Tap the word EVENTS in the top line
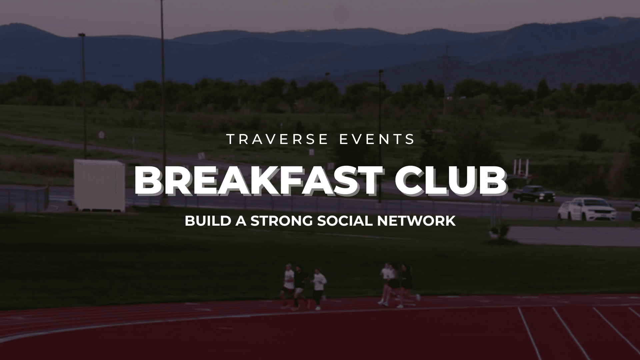[377, 139]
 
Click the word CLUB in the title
[450, 182]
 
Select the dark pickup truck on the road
[534, 194]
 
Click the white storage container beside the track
[99, 185]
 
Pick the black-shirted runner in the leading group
[405, 285]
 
